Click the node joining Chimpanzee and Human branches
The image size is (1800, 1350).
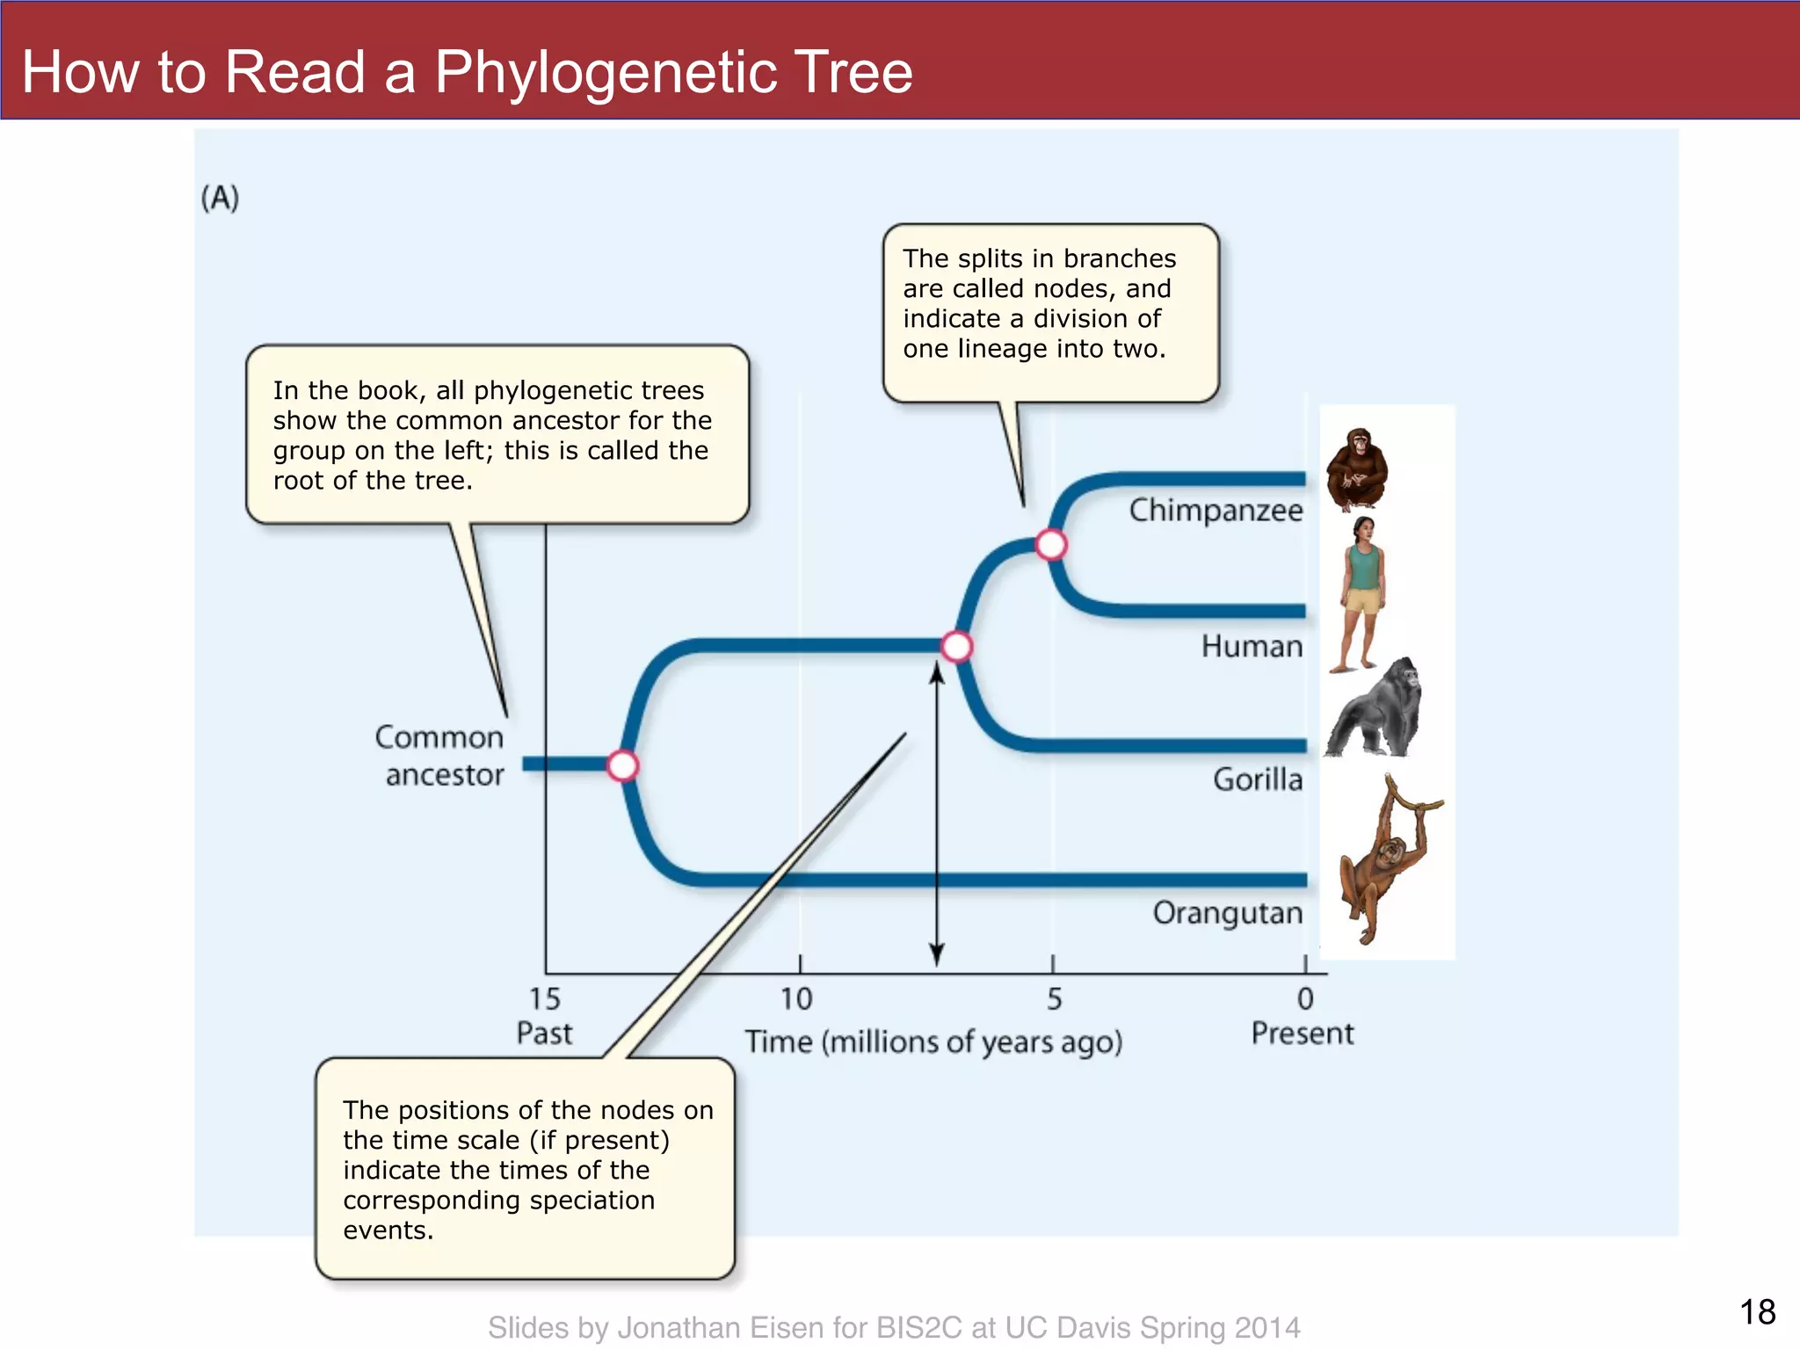click(1050, 545)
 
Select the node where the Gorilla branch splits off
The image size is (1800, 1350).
click(956, 647)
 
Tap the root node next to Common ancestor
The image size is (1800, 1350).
click(622, 766)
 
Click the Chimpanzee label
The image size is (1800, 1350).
click(1216, 510)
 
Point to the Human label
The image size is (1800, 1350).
click(1252, 646)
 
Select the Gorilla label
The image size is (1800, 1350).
click(1258, 780)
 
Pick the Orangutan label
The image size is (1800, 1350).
click(1228, 913)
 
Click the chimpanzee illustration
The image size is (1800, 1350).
click(1357, 469)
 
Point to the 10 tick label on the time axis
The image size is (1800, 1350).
click(797, 999)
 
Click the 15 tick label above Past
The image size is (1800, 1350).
click(544, 999)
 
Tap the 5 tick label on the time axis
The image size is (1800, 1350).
click(1054, 999)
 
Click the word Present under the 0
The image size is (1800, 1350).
click(1302, 1034)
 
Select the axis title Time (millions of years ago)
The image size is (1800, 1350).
click(933, 1042)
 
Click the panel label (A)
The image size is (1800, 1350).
click(220, 198)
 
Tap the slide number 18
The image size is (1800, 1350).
click(1757, 1312)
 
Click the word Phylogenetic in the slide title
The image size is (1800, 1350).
click(606, 71)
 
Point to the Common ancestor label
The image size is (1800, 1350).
click(441, 756)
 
